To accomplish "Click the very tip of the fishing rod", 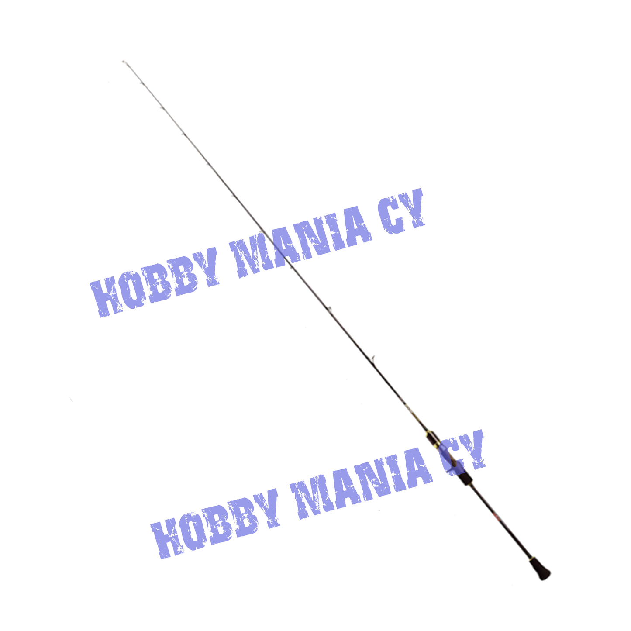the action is [124, 62].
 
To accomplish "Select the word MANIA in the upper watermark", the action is [300, 242].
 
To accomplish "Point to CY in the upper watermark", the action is [401, 211].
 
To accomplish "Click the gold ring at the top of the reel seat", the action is [428, 434].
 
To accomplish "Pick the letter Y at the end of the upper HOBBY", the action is [207, 267].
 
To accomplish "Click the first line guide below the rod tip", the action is [141, 83].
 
